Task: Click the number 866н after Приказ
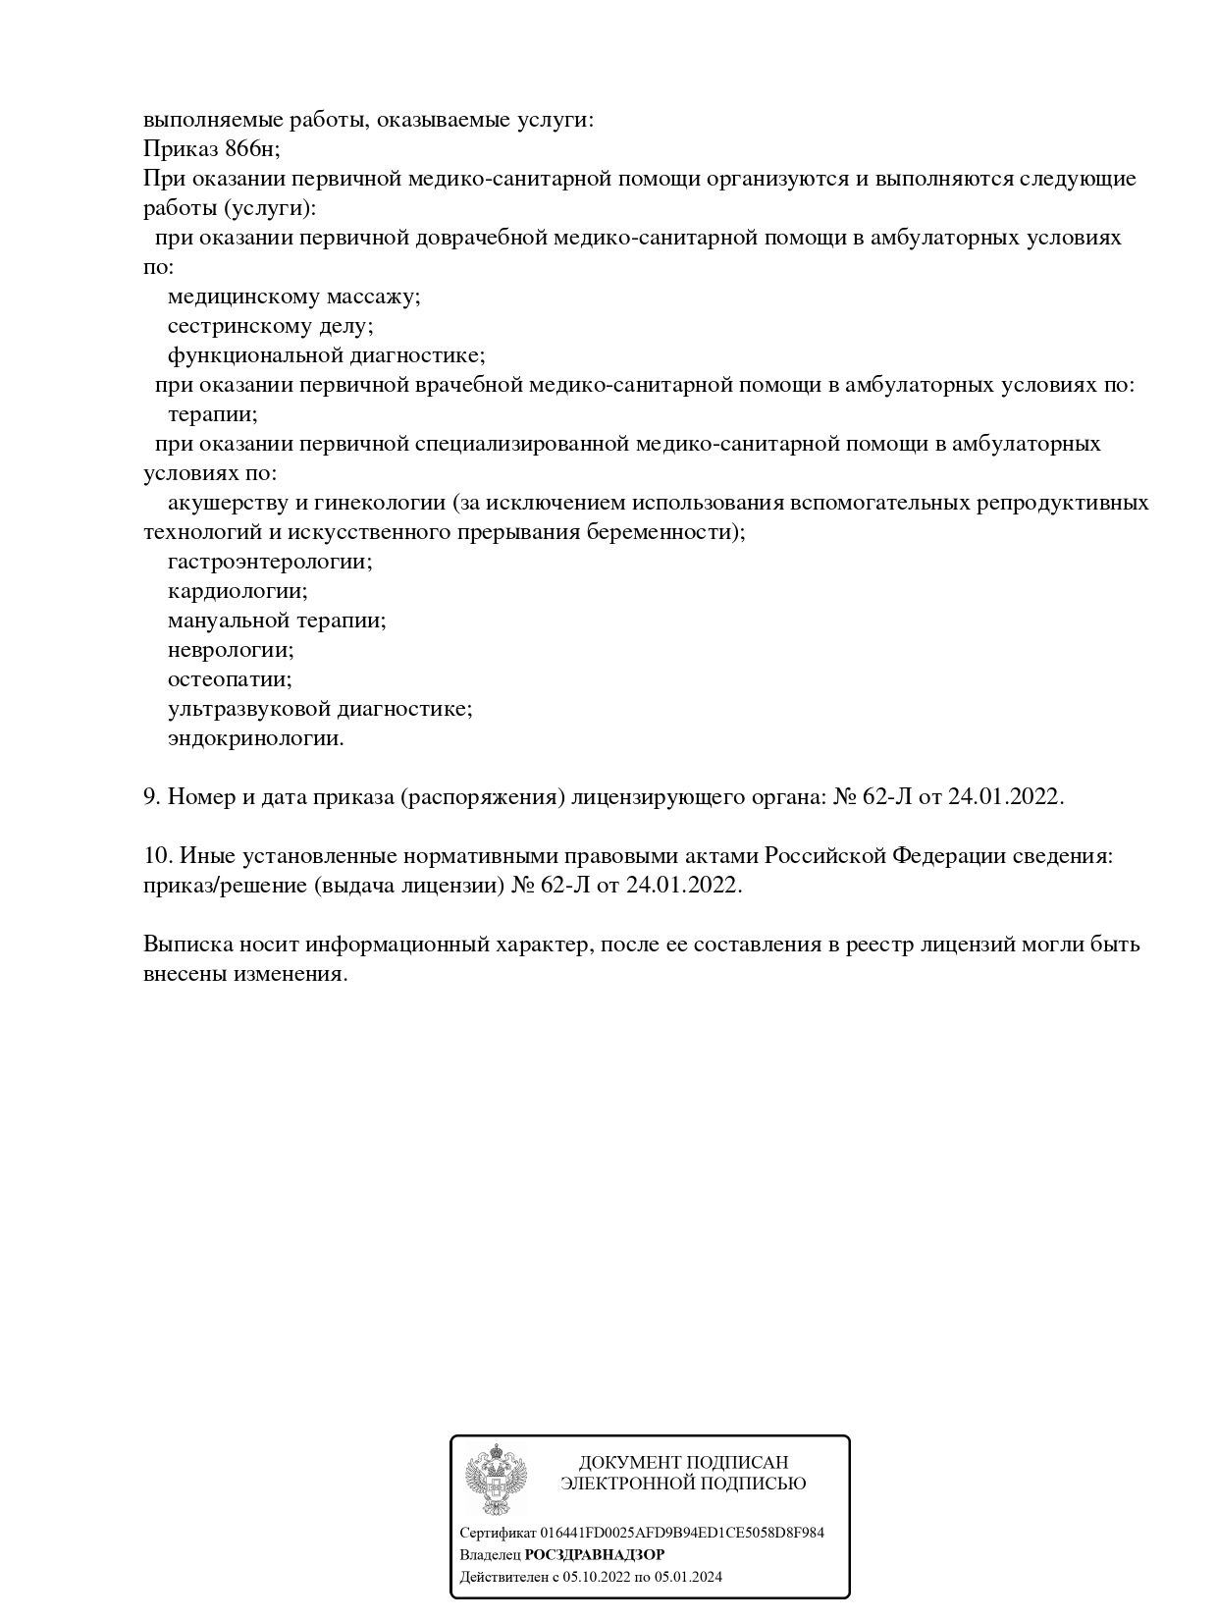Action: pyautogui.click(x=251, y=149)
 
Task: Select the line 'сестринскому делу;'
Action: pyautogui.click(x=270, y=326)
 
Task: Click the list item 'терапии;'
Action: pyautogui.click(x=212, y=414)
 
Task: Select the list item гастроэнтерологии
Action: pyautogui.click(x=270, y=562)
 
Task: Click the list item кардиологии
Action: pyautogui.click(x=238, y=591)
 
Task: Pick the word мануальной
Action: pyautogui.click(x=229, y=621)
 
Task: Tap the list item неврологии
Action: pyautogui.click(x=231, y=650)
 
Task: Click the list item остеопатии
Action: pyautogui.click(x=230, y=679)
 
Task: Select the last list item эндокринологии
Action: pyautogui.click(x=255, y=738)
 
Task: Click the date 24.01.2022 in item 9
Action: pyautogui.click(x=1004, y=797)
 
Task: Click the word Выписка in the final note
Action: pyautogui.click(x=187, y=945)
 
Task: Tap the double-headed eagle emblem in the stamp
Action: pyautogui.click(x=496, y=1480)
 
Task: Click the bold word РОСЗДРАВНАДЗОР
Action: pyautogui.click(x=595, y=1554)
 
